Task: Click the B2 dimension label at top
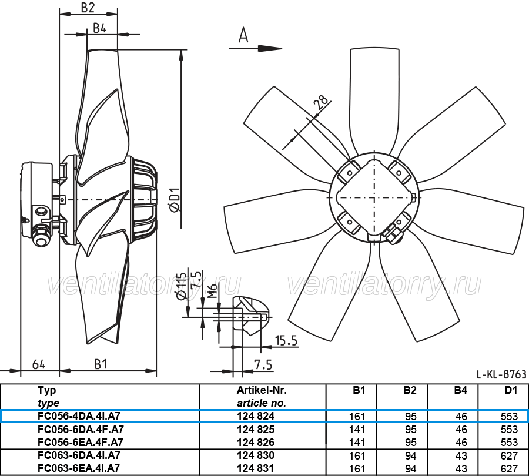pos(88,8)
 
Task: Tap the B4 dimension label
pos(99,28)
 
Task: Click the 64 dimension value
pos(39,364)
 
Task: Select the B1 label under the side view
pos(101,364)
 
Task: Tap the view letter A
pos(243,35)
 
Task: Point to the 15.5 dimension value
pos(286,341)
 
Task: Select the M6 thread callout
pos(212,291)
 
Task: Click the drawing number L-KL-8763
pos(501,374)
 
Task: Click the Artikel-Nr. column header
pos(262,390)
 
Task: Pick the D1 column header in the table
pos(511,390)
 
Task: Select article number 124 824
pos(256,416)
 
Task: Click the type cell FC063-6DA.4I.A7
pos(79,455)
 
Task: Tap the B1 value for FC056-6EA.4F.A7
pos(357,443)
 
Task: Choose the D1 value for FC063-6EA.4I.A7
pos(509,468)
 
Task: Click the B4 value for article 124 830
pos(461,456)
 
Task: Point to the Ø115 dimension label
pos(181,286)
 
